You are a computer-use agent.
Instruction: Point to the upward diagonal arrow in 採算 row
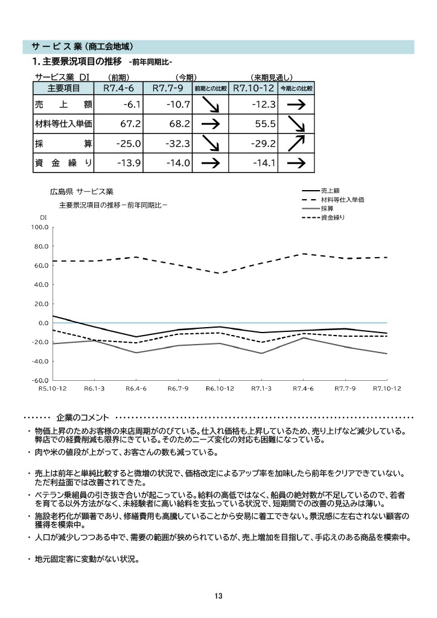(x=296, y=143)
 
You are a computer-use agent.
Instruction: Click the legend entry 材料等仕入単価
(x=343, y=199)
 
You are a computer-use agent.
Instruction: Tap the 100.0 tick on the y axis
(x=39, y=228)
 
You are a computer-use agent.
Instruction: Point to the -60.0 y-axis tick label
(x=39, y=381)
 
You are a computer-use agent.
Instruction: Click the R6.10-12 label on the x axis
(x=220, y=389)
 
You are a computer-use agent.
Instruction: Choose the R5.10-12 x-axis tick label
(x=53, y=389)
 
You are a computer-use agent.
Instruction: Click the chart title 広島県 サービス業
(x=81, y=191)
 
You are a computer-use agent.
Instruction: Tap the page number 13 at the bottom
(x=218, y=596)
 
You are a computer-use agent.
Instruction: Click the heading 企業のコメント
(x=83, y=417)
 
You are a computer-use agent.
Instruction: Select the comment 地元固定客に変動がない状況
(x=87, y=558)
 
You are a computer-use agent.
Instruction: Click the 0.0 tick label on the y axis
(x=42, y=323)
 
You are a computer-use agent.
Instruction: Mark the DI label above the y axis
(x=43, y=217)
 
